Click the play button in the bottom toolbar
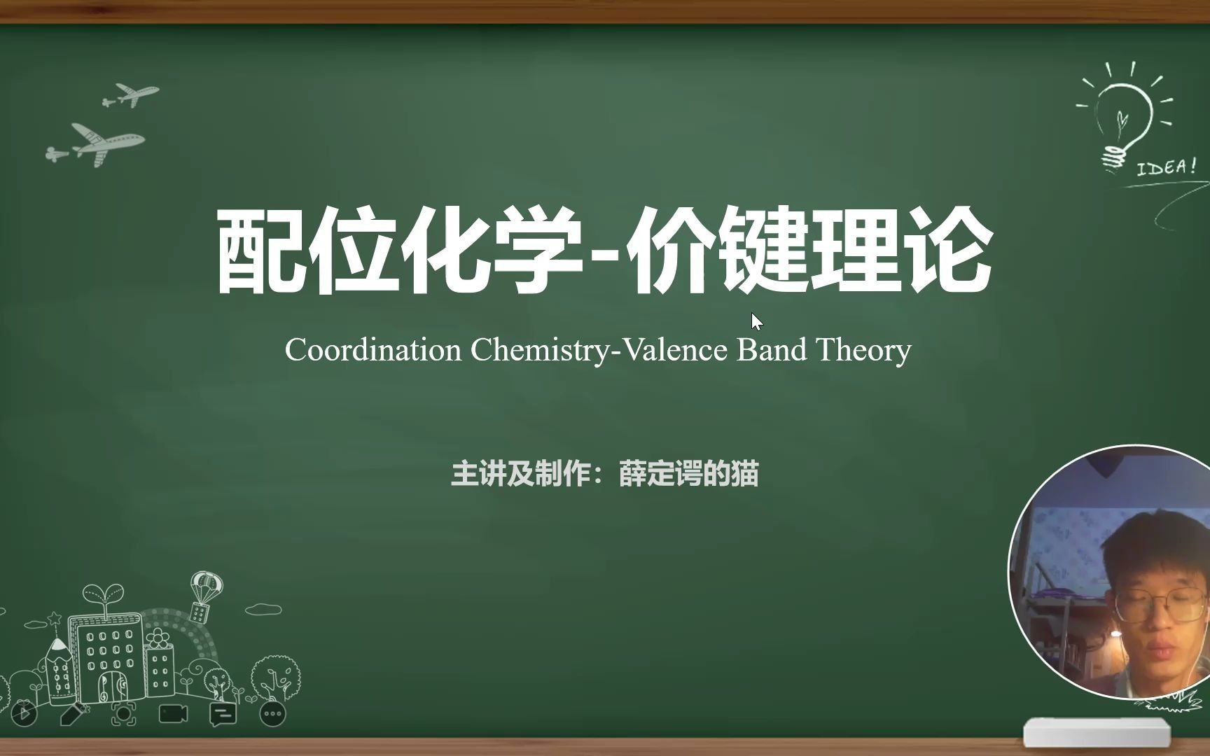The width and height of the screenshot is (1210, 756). click(25, 713)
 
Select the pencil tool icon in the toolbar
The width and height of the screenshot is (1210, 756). click(74, 713)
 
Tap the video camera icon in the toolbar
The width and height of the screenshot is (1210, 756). click(173, 713)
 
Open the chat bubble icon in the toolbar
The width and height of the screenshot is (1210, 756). click(223, 714)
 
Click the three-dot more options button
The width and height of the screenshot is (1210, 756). click(272, 714)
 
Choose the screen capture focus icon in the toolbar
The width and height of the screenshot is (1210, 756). click(123, 713)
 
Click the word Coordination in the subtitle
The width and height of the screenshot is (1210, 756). click(373, 349)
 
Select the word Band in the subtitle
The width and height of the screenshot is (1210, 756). click(772, 349)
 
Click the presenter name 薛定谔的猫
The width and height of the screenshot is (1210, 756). click(689, 474)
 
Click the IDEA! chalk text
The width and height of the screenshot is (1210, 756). click(1166, 167)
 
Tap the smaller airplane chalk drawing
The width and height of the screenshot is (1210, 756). click(131, 94)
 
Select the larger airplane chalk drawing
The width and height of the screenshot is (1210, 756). click(96, 144)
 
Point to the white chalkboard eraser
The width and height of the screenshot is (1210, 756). click(1097, 732)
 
